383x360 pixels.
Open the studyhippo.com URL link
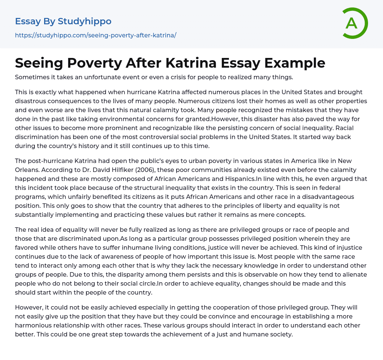click(x=95, y=35)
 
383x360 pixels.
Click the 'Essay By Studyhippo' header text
click(x=63, y=21)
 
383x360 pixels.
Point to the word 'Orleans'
click(x=27, y=170)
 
